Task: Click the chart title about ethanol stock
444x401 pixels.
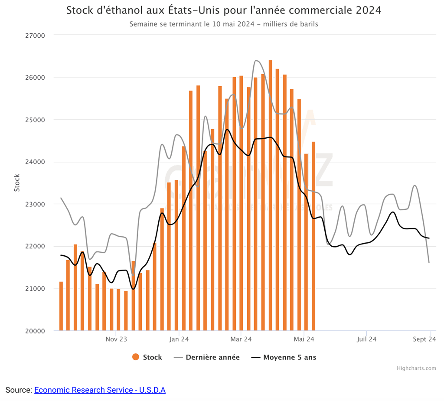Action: pyautogui.click(x=223, y=10)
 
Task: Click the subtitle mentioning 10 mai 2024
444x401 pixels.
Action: pyautogui.click(x=223, y=24)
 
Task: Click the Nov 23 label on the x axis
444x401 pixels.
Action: pyautogui.click(x=116, y=339)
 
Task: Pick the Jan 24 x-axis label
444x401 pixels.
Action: pyautogui.click(x=179, y=339)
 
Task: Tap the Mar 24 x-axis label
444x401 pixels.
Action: pyautogui.click(x=241, y=339)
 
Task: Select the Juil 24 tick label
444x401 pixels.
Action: pyautogui.click(x=366, y=339)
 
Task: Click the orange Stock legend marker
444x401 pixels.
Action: pyautogui.click(x=136, y=357)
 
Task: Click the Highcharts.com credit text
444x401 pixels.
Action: pyautogui.click(x=416, y=368)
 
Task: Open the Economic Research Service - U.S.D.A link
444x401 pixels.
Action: pyautogui.click(x=100, y=390)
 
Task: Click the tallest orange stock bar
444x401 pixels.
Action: pyautogui.click(x=270, y=195)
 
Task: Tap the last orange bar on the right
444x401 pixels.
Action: pyautogui.click(x=313, y=236)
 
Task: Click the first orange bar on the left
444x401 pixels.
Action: pyautogui.click(x=61, y=306)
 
